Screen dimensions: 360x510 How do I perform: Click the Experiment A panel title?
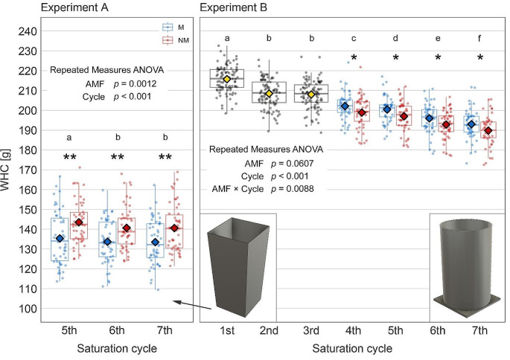(x=68, y=8)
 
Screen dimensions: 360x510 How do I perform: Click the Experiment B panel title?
(x=242, y=8)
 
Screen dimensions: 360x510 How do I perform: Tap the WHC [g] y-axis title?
(x=8, y=170)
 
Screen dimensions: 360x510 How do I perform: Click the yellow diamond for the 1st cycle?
(x=227, y=79)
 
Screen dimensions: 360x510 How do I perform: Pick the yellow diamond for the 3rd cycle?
(x=311, y=94)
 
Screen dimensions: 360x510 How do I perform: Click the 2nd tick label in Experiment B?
(x=269, y=330)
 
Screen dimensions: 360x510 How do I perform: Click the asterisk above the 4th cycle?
(x=354, y=59)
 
